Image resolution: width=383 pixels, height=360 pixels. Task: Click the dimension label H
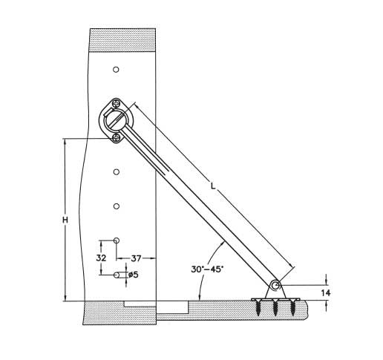(65, 220)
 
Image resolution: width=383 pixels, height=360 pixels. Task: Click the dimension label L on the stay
(213, 186)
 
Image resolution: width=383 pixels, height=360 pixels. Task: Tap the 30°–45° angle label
(207, 269)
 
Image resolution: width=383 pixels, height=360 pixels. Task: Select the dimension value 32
(101, 258)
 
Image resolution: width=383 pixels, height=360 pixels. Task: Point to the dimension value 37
(136, 258)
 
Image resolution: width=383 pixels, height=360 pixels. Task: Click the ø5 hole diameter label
(134, 275)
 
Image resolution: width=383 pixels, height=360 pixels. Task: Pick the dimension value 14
(326, 293)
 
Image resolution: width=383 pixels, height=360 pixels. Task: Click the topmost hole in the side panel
(116, 70)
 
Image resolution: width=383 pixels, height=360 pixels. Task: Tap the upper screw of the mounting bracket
(116, 102)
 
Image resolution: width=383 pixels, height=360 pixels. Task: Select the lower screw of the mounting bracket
(116, 137)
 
